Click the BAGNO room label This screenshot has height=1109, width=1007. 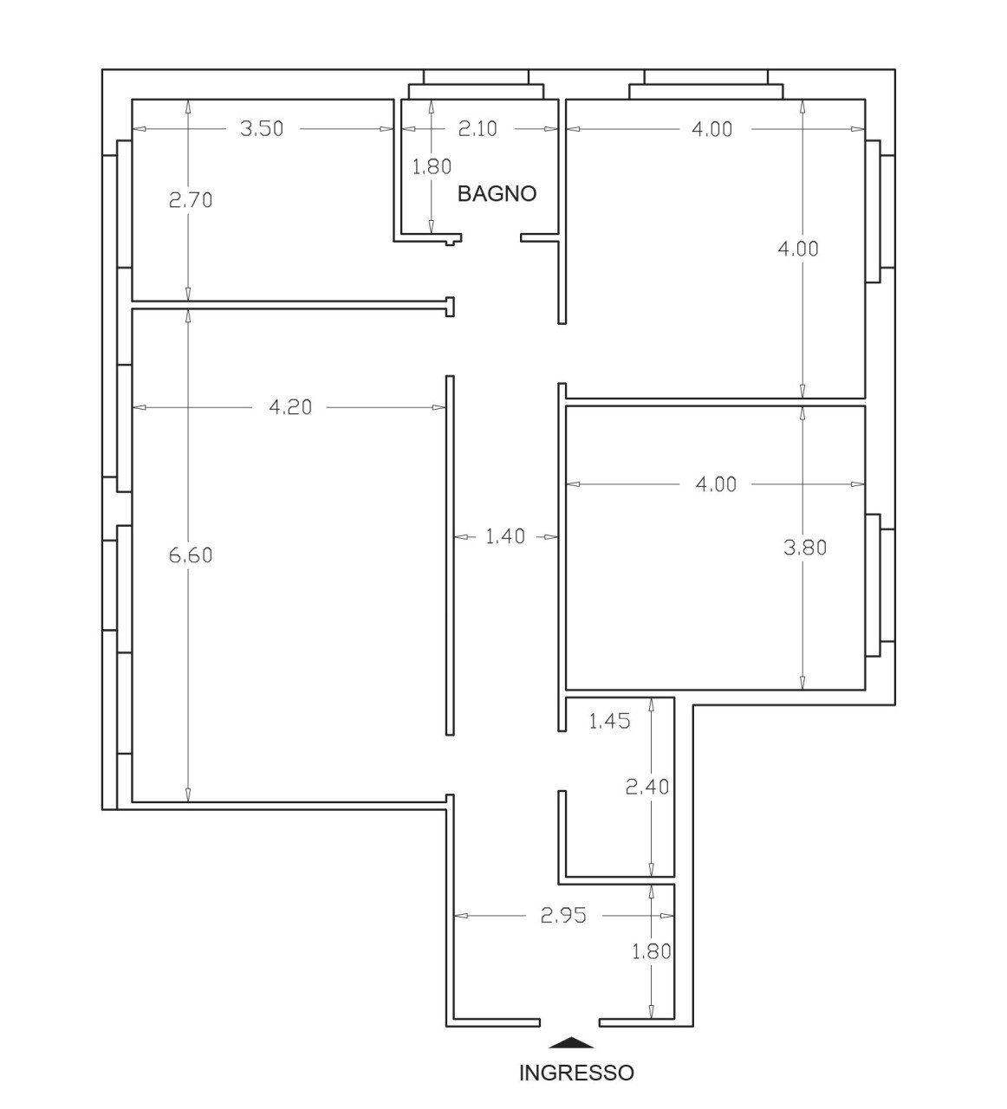[x=497, y=193]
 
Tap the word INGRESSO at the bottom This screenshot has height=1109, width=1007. [x=576, y=1073]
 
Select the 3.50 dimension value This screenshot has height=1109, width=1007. [x=261, y=129]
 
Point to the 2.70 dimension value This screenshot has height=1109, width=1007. [x=191, y=200]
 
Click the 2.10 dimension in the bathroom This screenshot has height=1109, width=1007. [x=478, y=129]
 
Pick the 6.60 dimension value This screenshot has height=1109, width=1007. [x=191, y=555]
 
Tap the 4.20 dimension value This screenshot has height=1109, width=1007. [x=290, y=406]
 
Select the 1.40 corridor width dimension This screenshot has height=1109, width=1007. [x=504, y=537]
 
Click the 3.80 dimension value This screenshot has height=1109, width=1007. [x=805, y=548]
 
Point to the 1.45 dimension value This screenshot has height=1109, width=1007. [x=609, y=720]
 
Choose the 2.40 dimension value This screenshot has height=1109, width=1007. [x=647, y=788]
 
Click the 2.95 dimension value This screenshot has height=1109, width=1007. [x=563, y=915]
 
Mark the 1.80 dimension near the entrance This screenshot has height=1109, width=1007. [x=652, y=951]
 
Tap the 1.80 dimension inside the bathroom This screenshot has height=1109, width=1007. [x=432, y=166]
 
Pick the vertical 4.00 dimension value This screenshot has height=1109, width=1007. [x=798, y=249]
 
